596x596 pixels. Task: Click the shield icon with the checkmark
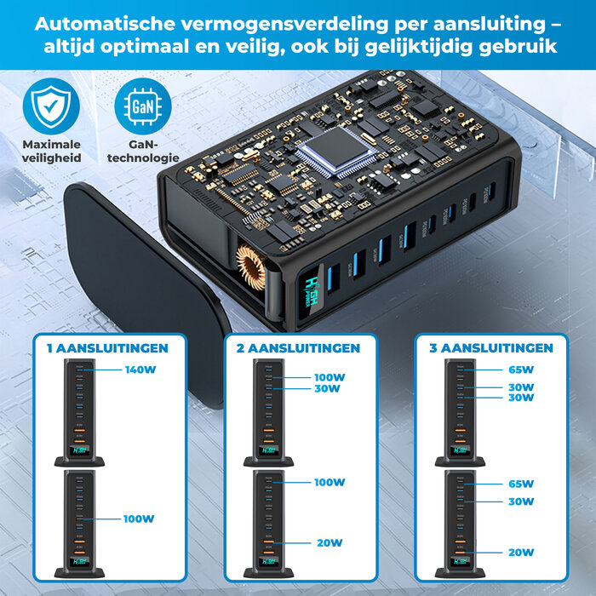(x=51, y=106)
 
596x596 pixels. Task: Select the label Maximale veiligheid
(x=51, y=151)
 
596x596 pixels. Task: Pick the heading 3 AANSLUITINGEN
(x=486, y=347)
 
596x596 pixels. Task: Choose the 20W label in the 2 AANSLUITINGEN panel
(x=330, y=542)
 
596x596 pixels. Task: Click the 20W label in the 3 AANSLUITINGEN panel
(x=521, y=553)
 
